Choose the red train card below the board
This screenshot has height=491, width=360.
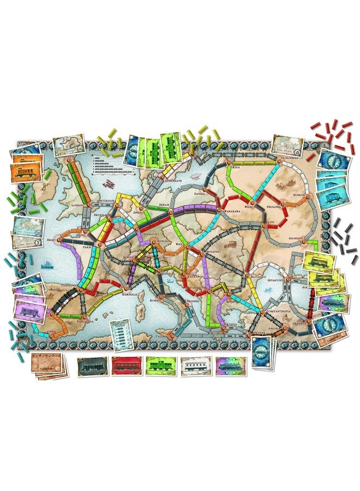pyautogui.click(x=127, y=366)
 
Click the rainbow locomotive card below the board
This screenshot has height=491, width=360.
pyautogui.click(x=230, y=366)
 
